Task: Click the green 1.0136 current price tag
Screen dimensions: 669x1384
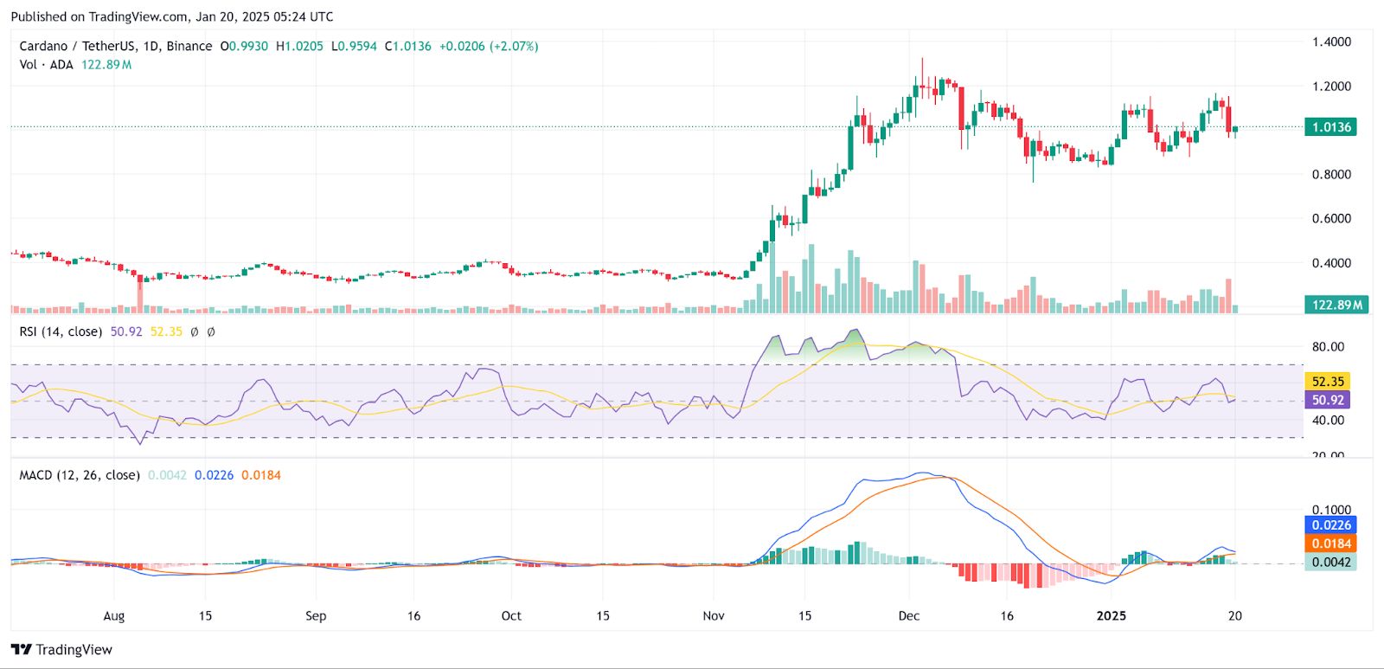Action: pos(1331,127)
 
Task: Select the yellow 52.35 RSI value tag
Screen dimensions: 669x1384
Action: pos(1328,382)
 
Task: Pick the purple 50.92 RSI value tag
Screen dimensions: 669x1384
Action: pos(1328,400)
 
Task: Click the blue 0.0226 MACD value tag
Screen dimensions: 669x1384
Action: pos(1331,525)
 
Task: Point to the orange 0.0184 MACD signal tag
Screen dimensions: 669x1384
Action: pos(1331,544)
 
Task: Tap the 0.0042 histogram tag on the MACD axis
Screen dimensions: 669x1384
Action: pos(1331,562)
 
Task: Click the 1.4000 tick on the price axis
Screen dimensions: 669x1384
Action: pos(1331,42)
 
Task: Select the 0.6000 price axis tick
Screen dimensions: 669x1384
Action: pos(1331,218)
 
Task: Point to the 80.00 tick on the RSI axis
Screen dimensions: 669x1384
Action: pos(1328,346)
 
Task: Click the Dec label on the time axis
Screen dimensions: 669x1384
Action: pos(909,615)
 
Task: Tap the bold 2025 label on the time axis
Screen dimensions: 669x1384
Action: pos(1112,615)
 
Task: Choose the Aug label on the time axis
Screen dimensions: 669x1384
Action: pos(114,615)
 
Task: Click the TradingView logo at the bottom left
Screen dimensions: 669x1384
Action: pos(62,649)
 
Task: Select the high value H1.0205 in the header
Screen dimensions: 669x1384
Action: pos(299,46)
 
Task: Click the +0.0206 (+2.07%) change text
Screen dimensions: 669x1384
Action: pos(489,46)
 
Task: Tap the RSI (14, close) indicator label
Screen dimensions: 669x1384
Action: pos(61,331)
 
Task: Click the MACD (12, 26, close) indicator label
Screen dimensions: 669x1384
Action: pos(80,475)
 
